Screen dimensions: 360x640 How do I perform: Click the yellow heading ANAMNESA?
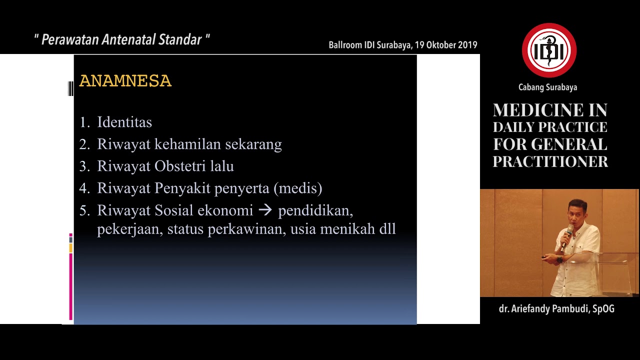coord(125,81)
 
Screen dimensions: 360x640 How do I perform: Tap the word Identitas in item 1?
coord(124,122)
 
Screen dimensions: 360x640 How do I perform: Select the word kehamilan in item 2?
coord(188,144)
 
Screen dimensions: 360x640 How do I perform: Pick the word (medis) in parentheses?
coord(298,188)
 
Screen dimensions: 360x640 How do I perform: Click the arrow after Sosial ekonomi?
coord(265,210)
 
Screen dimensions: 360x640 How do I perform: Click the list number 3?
coord(84,166)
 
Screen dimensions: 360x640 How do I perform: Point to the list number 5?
coord(84,210)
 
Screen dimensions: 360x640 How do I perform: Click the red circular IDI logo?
coord(549,50)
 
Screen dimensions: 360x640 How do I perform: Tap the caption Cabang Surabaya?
coord(547,87)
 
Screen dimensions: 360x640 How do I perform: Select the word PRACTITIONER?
coord(550,161)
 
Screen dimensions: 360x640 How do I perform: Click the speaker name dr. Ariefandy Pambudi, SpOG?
coord(556,308)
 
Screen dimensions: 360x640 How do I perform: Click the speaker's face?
coord(577,212)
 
